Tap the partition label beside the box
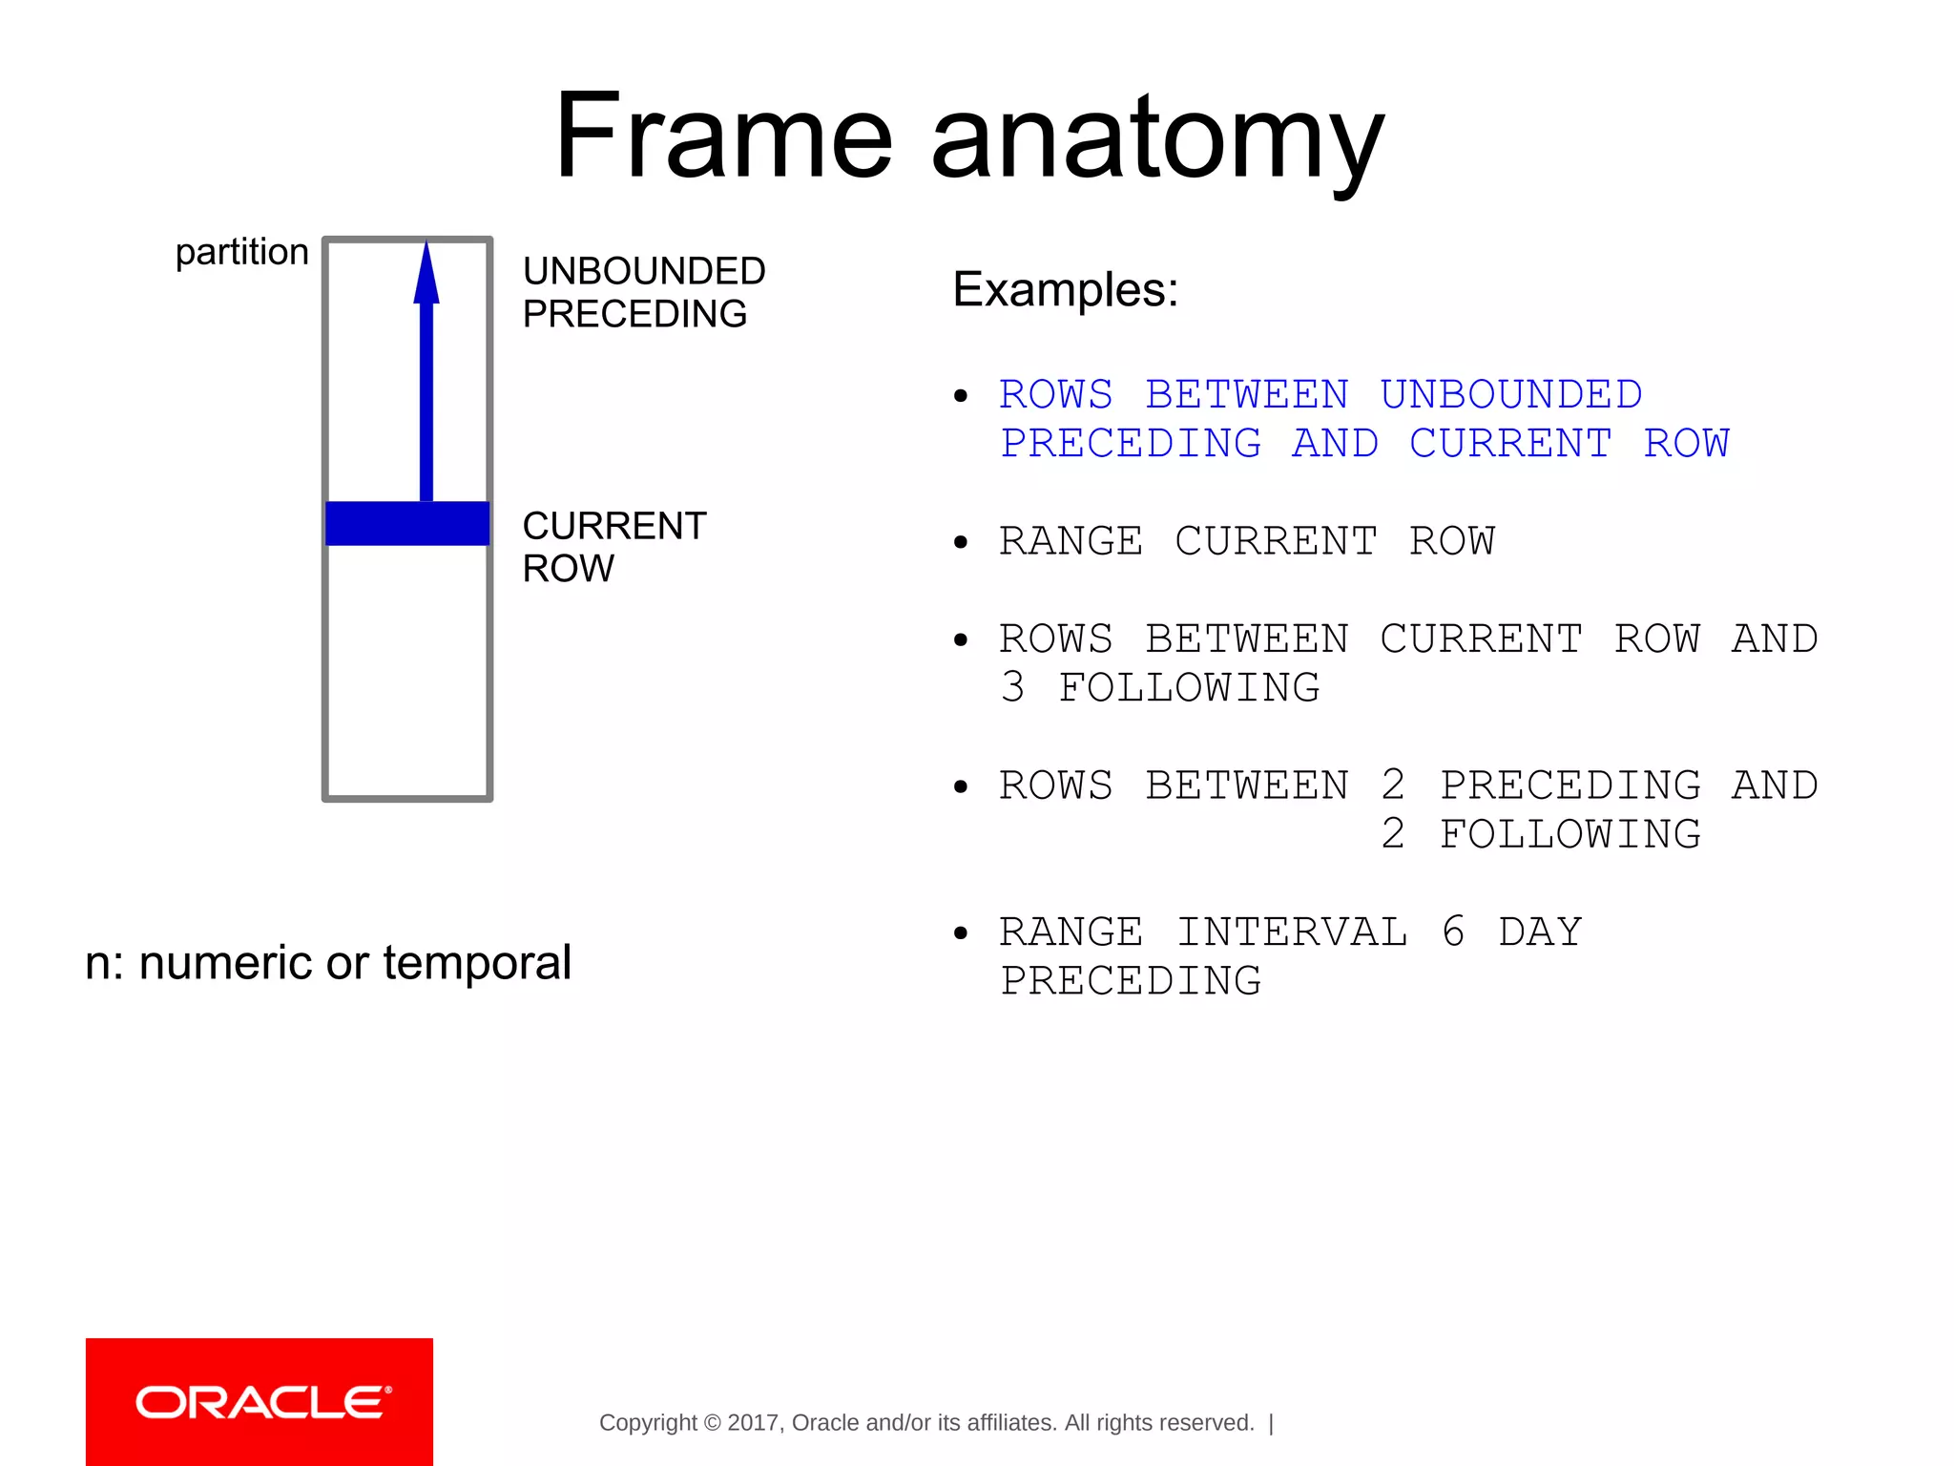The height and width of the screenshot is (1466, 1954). tap(241, 252)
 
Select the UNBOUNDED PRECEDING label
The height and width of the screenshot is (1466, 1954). tap(643, 292)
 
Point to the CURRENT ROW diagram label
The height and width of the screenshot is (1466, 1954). tap(613, 546)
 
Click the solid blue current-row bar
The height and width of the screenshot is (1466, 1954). tap(407, 523)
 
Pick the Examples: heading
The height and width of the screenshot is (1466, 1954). tap(1065, 288)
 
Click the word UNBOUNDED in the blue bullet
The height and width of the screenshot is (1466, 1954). tap(1510, 394)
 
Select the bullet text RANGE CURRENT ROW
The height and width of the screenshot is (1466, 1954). tap(1246, 541)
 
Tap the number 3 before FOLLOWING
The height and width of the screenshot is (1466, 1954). tap(1012, 687)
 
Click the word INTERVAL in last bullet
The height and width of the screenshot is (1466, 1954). tap(1291, 932)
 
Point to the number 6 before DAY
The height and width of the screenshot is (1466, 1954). tap(1453, 932)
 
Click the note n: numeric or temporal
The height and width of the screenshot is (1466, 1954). tap(328, 962)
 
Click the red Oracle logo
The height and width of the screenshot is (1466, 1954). tap(260, 1401)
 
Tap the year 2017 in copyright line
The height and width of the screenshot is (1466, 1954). tap(752, 1423)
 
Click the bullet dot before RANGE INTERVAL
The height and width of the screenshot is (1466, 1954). tap(961, 932)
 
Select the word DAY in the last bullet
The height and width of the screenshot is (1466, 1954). tap(1540, 932)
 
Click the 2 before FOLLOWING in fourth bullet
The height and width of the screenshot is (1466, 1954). tap(1393, 834)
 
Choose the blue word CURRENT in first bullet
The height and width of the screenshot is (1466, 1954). tap(1510, 443)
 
